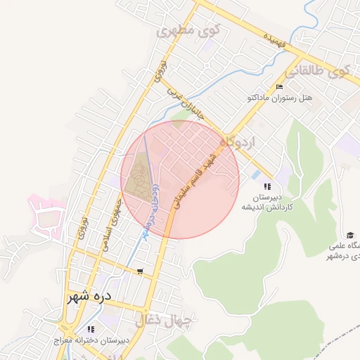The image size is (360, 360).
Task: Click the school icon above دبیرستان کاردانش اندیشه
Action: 267,186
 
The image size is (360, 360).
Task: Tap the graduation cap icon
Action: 349,235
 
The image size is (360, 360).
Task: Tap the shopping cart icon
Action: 141,271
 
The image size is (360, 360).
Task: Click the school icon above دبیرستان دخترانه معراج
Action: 90,329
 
